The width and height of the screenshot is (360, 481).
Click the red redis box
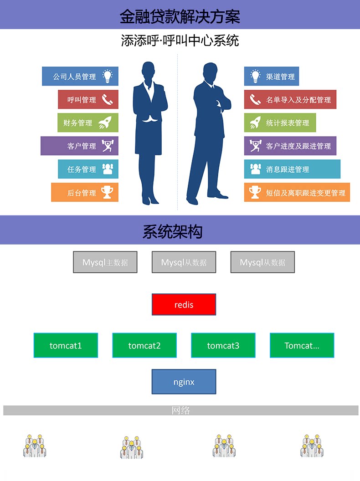point(184,304)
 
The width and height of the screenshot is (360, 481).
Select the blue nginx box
point(184,382)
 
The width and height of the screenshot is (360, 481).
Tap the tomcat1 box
point(66,345)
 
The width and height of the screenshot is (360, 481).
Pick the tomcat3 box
point(223,345)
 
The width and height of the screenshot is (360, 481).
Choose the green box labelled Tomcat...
point(302,345)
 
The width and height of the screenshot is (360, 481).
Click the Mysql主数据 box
point(105,262)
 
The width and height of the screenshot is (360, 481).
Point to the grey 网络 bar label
point(181,410)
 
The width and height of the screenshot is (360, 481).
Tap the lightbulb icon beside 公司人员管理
point(107,76)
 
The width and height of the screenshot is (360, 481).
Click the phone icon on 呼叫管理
point(107,100)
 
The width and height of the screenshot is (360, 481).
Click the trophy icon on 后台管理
point(107,192)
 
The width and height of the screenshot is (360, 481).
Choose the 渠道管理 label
point(280,77)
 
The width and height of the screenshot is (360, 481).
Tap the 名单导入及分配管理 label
point(298,100)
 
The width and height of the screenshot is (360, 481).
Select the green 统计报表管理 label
point(288,123)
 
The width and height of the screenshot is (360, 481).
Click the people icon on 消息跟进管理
point(255,169)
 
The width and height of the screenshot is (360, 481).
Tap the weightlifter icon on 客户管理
point(107,146)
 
